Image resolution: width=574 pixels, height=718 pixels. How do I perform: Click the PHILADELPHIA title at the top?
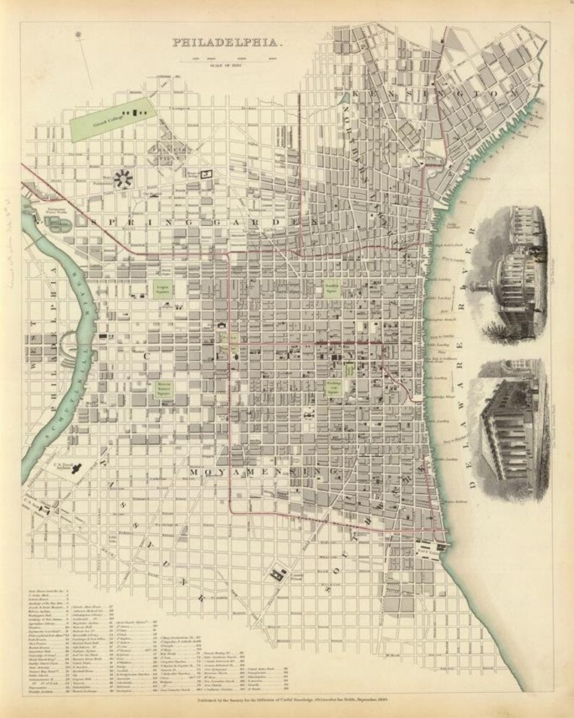point(227,43)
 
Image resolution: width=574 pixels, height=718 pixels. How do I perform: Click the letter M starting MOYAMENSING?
point(194,472)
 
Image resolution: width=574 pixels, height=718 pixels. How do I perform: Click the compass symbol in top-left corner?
point(77,33)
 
